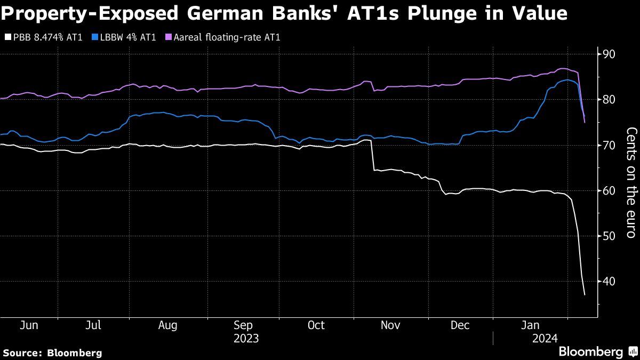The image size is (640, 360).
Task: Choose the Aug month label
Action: [x=168, y=325]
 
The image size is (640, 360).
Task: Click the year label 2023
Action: [x=245, y=338]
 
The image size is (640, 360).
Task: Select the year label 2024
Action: [x=545, y=338]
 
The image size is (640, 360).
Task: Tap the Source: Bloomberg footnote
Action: [x=52, y=353]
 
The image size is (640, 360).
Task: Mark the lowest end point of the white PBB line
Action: [x=585, y=295]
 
